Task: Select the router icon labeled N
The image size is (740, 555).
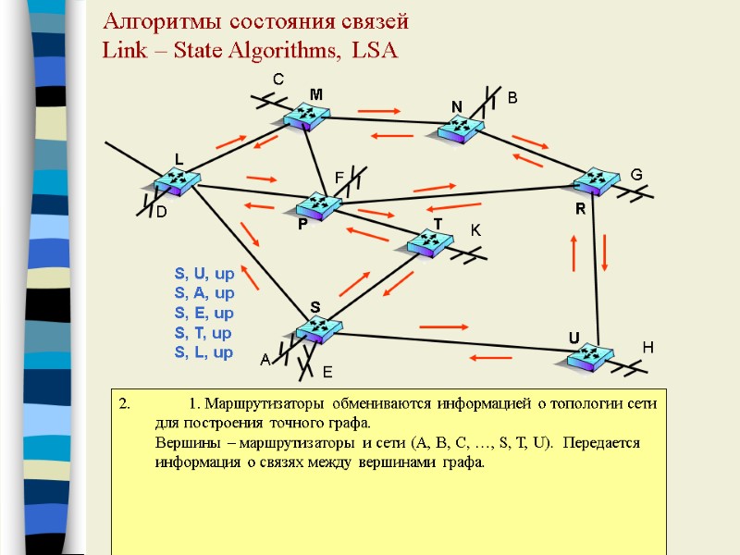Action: (460, 129)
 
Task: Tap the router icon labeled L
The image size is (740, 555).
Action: (176, 181)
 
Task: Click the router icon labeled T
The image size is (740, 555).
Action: (430, 243)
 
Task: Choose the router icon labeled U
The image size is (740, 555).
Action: (586, 357)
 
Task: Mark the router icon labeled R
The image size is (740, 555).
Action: (595, 181)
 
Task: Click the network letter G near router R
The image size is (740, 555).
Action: (636, 175)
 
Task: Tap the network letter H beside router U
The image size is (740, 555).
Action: (647, 347)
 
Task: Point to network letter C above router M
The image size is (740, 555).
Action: (277, 81)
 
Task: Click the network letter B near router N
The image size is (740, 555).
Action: (512, 97)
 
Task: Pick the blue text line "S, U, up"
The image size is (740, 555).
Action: (203, 274)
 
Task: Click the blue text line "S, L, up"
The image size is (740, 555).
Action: (203, 352)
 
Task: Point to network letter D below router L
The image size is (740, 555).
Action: (159, 214)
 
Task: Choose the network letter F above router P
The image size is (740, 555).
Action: (339, 177)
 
